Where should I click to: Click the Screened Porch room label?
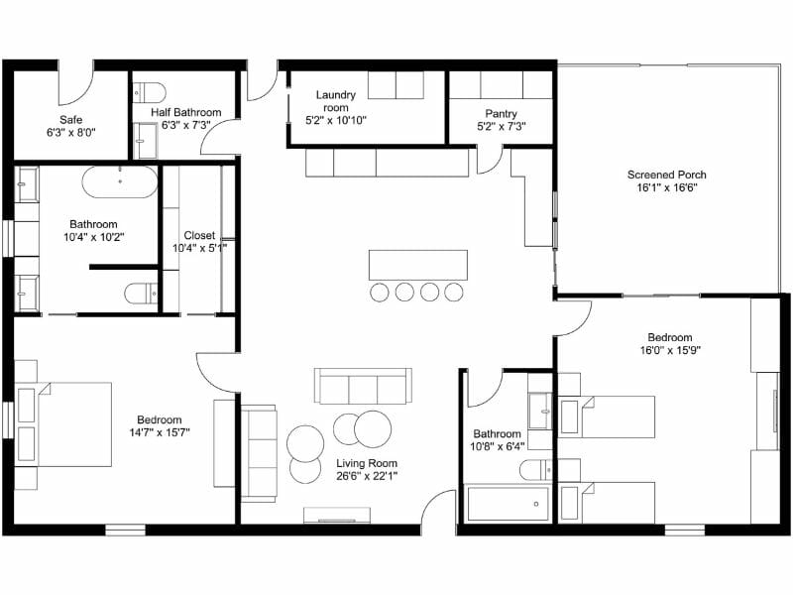point(666,175)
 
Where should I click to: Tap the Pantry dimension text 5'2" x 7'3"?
point(501,127)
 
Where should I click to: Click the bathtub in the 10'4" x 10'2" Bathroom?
point(119,181)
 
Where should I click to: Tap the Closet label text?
point(199,235)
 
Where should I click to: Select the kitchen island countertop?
point(417,265)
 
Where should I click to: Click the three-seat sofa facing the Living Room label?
point(363,385)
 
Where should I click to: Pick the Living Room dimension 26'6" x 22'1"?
point(367,475)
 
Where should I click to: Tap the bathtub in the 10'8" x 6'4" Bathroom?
point(508,504)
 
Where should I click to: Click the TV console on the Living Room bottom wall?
point(338,515)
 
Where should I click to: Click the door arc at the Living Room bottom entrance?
point(437,508)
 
